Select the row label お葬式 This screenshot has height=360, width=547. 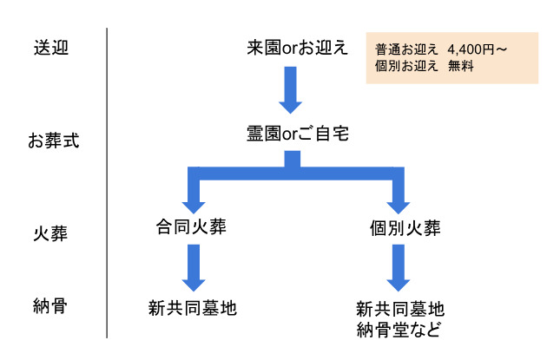(53, 140)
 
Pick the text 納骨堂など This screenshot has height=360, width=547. (399, 329)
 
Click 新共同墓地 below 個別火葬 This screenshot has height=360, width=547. (399, 309)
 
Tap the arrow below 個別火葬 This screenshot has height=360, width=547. (398, 269)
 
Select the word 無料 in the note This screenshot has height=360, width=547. (460, 67)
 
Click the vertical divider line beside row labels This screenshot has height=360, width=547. (107, 182)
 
